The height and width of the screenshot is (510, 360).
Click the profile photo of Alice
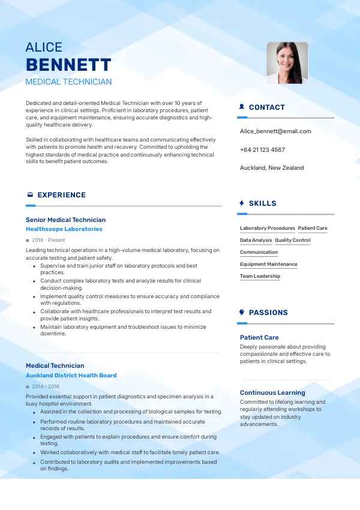pyautogui.click(x=287, y=62)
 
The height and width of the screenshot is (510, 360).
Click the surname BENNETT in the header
pyautogui.click(x=68, y=65)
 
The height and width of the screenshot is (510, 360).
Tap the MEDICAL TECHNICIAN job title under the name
pyautogui.click(x=68, y=82)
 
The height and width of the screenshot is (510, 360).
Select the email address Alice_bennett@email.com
pyautogui.click(x=275, y=131)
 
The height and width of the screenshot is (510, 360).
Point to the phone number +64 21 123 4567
pyautogui.click(x=262, y=149)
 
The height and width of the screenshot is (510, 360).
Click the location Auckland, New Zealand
pyautogui.click(x=272, y=167)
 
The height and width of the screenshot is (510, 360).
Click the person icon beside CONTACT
pyautogui.click(x=242, y=107)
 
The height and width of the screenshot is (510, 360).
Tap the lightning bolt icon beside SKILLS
pyautogui.click(x=242, y=203)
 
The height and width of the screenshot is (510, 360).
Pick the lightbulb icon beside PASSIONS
pyautogui.click(x=242, y=312)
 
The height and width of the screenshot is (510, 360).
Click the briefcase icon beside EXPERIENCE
pyautogui.click(x=30, y=194)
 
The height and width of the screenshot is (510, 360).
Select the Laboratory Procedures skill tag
pyautogui.click(x=268, y=228)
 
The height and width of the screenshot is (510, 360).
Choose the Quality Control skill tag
pyautogui.click(x=293, y=240)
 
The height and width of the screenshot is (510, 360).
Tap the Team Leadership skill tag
pyautogui.click(x=260, y=276)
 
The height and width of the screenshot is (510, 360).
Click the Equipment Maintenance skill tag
pyautogui.click(x=268, y=264)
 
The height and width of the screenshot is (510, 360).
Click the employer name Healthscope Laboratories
pyautogui.click(x=64, y=229)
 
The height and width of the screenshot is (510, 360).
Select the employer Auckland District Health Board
pyautogui.click(x=71, y=375)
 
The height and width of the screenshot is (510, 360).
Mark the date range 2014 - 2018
pyautogui.click(x=46, y=386)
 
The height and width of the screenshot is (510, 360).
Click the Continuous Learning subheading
pyautogui.click(x=272, y=392)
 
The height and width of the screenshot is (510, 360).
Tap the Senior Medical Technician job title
pyautogui.click(x=66, y=220)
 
